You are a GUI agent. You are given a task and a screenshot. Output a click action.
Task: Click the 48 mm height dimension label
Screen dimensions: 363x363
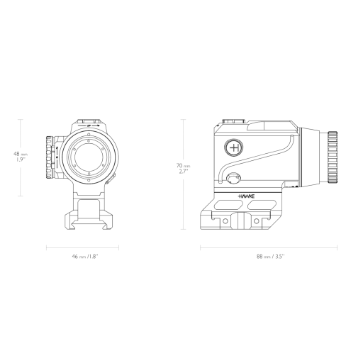pyautogui.click(x=21, y=157)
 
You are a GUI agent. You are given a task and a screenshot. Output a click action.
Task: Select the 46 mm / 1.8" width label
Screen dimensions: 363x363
pyautogui.click(x=85, y=257)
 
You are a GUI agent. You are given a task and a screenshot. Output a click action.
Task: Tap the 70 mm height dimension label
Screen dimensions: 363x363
pyautogui.click(x=184, y=168)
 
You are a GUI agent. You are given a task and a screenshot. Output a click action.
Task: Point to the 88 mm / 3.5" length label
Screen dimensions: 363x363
pyautogui.click(x=271, y=257)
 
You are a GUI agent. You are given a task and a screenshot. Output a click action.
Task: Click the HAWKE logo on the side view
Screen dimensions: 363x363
pyautogui.click(x=246, y=196)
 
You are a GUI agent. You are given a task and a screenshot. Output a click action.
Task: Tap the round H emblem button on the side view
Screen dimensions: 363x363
pyautogui.click(x=234, y=147)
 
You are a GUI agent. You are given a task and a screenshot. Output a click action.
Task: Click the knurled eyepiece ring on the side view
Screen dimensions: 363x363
pyautogui.click(x=333, y=157)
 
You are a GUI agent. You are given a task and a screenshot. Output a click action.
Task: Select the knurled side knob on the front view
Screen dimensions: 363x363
pyautogui.click(x=50, y=157)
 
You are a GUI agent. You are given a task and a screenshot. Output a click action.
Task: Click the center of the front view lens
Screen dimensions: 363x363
pyautogui.click(x=89, y=157)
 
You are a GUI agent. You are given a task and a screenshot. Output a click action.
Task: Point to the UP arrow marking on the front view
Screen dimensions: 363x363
pyautogui.click(x=89, y=125)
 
